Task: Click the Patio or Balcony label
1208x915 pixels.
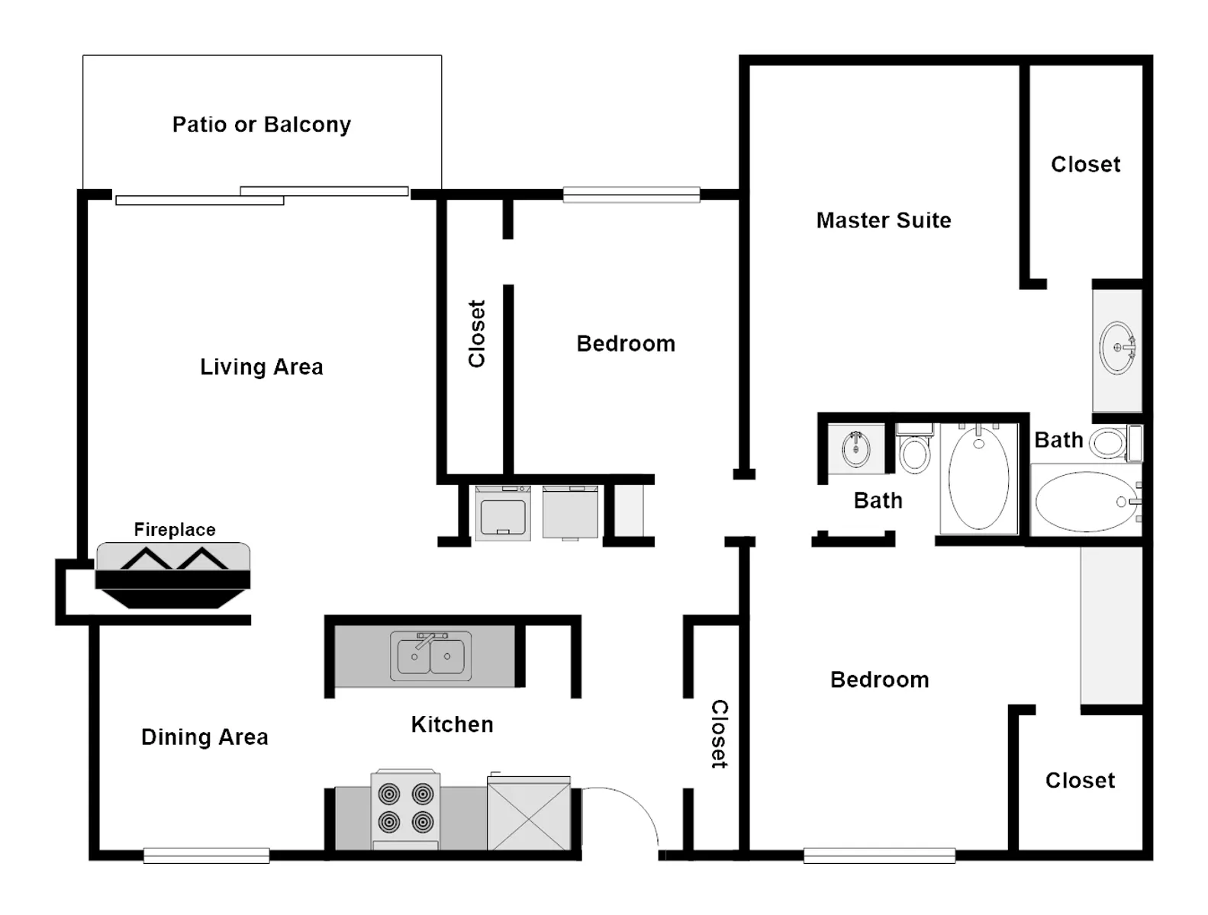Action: pos(262,125)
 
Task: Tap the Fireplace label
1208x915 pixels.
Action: pos(175,529)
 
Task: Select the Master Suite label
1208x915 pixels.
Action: pos(884,220)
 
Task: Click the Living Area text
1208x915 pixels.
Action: pos(262,367)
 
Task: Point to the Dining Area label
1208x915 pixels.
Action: pos(205,737)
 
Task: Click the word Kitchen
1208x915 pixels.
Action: pos(452,724)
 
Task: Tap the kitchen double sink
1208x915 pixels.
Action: pos(431,656)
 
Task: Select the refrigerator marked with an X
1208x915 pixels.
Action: pos(529,812)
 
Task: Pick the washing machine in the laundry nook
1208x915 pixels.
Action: pos(503,513)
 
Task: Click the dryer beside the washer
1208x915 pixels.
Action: pos(570,512)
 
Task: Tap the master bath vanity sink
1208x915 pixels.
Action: pos(1117,348)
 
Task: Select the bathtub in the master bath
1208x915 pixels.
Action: pos(1087,501)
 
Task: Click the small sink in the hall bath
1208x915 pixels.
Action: pos(855,448)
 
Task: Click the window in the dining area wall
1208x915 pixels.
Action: pos(206,856)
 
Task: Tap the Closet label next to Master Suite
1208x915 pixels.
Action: pos(1085,165)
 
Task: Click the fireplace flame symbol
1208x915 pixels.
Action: pos(174,558)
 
